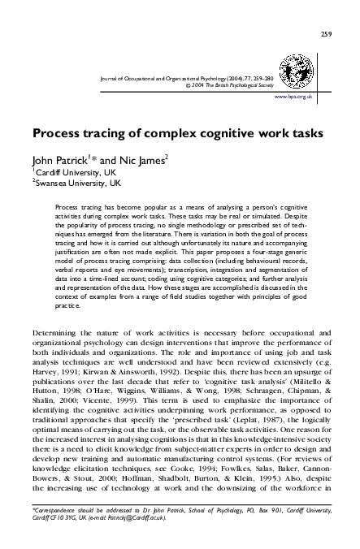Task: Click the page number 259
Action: tap(325, 11)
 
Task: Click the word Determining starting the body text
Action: tap(56, 332)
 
